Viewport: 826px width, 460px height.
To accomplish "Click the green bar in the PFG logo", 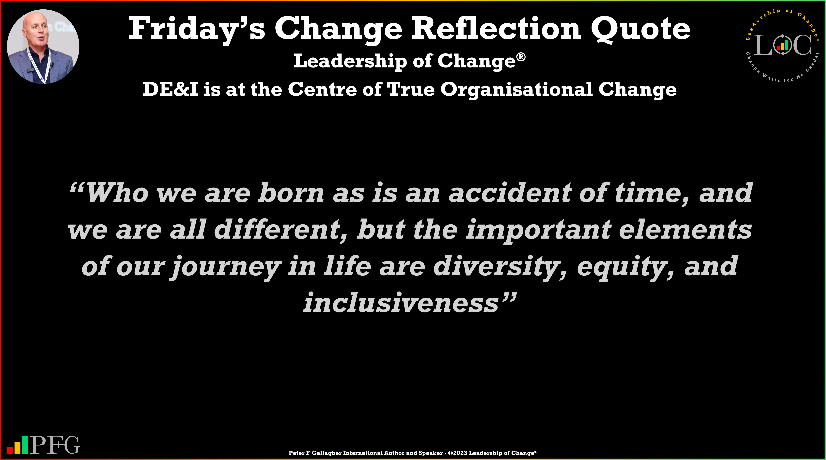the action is (x=25, y=445).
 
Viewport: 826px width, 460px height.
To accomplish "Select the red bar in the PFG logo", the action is (x=10, y=450).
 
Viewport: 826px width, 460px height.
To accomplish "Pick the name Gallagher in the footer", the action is (x=326, y=453).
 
